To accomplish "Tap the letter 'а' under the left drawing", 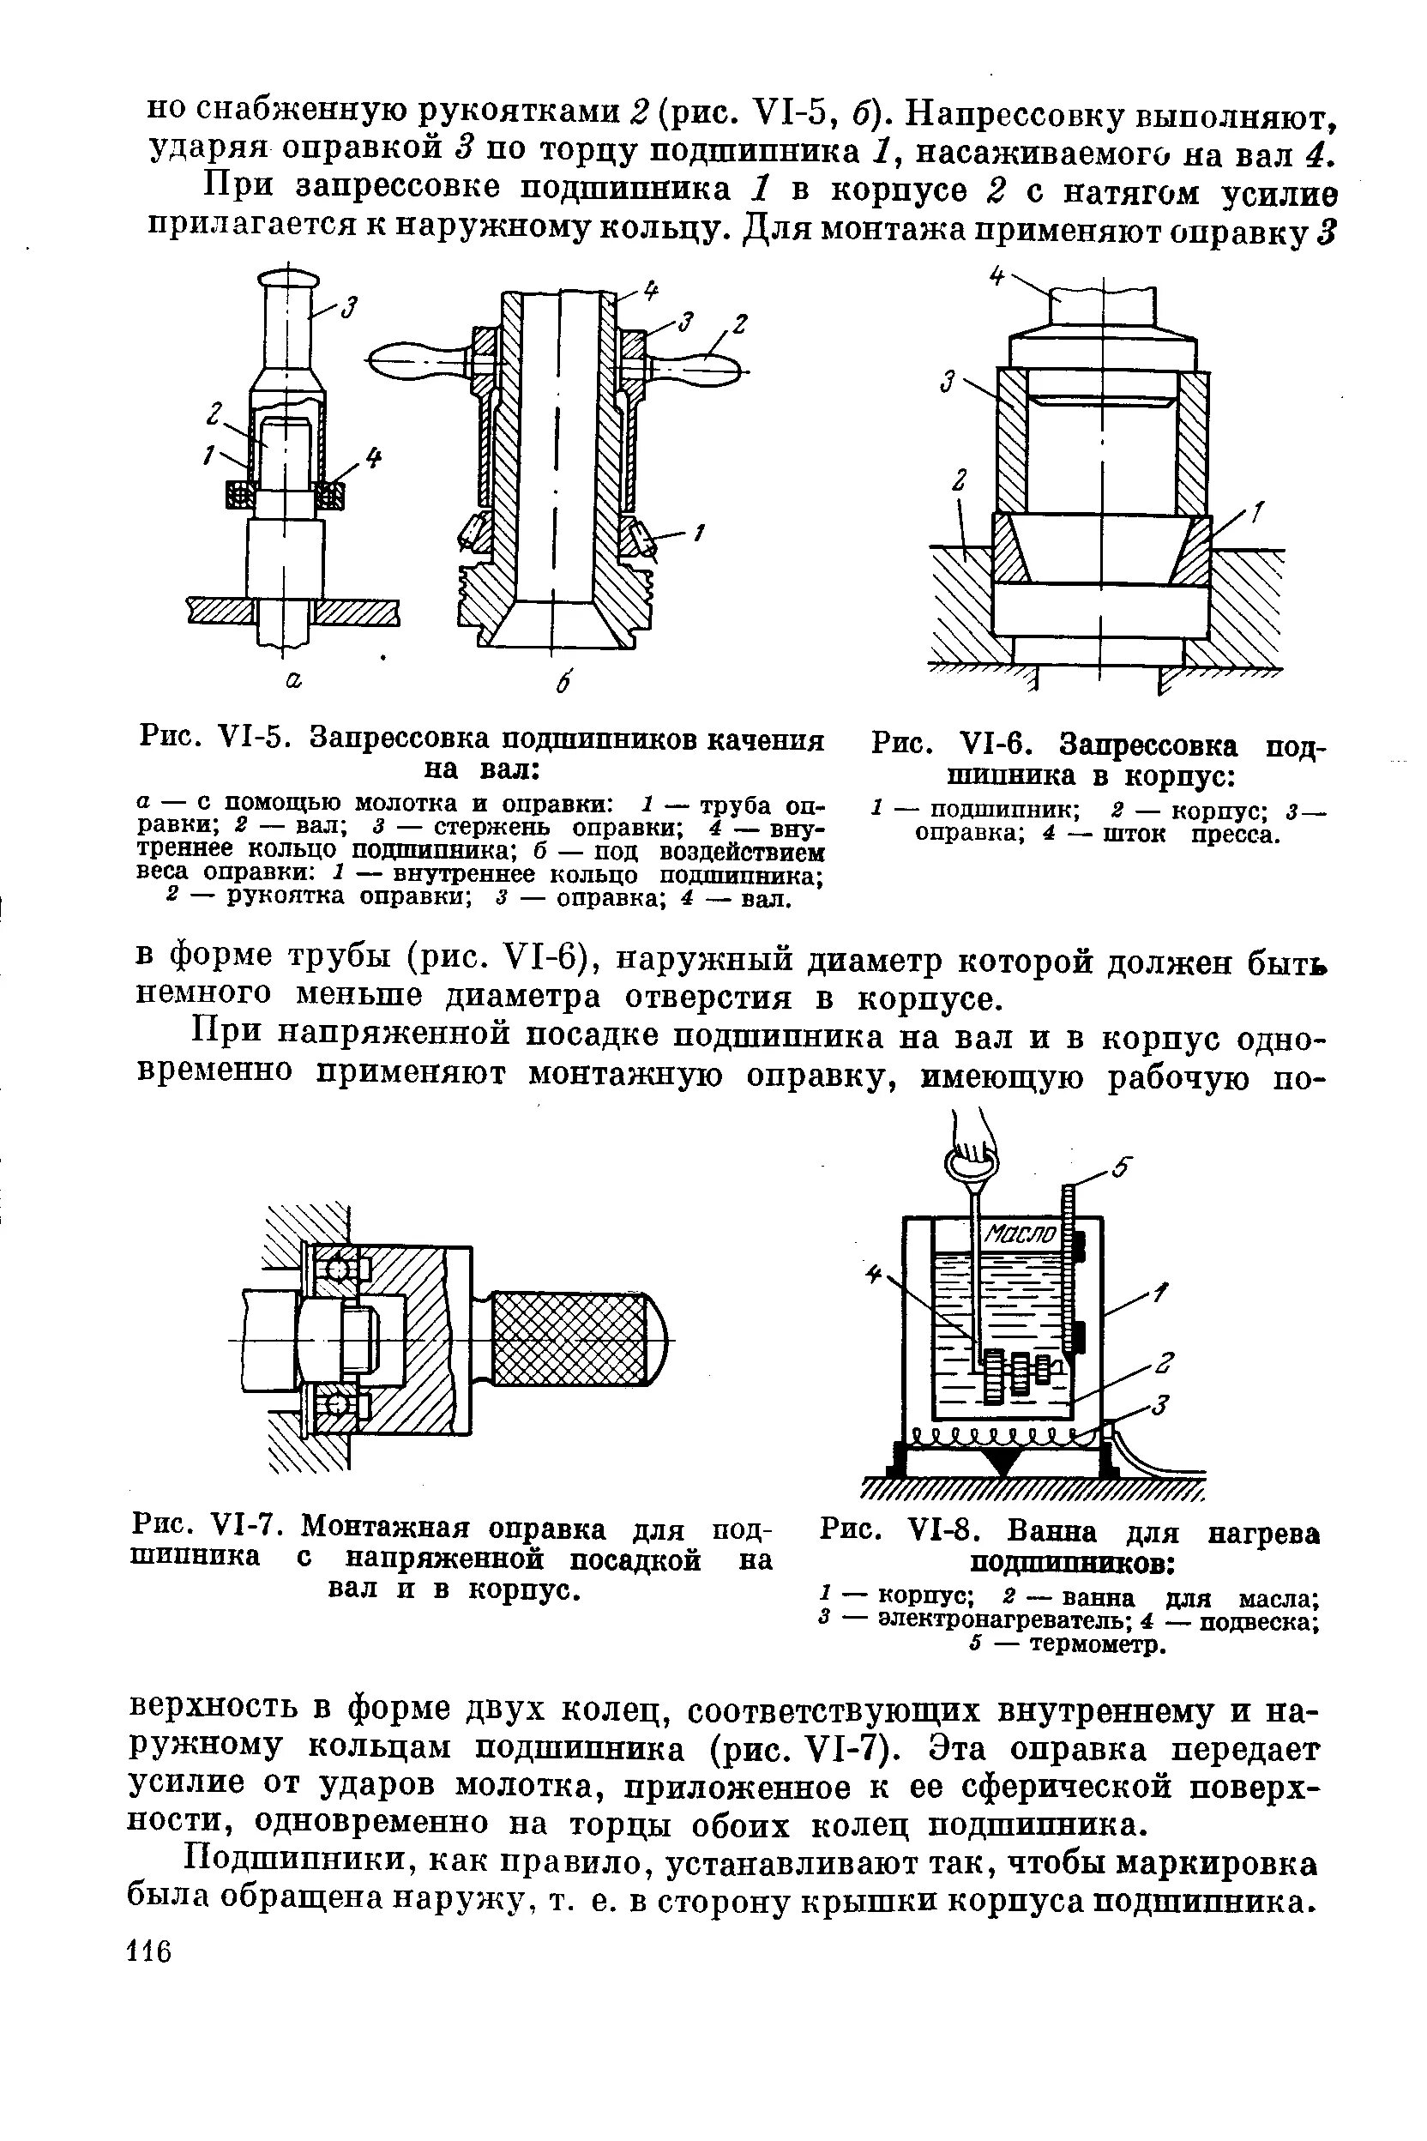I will [x=293, y=680].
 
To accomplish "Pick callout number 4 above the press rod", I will [x=996, y=277].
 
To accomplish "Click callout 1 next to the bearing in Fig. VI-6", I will [x=1257, y=516].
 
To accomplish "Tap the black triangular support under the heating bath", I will [x=1002, y=1463].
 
